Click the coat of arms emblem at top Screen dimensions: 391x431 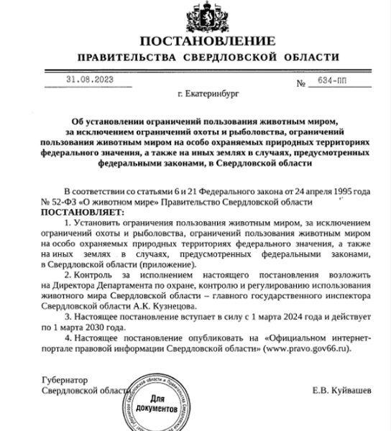coord(195,14)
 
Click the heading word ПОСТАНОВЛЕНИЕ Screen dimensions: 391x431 coord(195,40)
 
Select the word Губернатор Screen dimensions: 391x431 coord(62,381)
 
